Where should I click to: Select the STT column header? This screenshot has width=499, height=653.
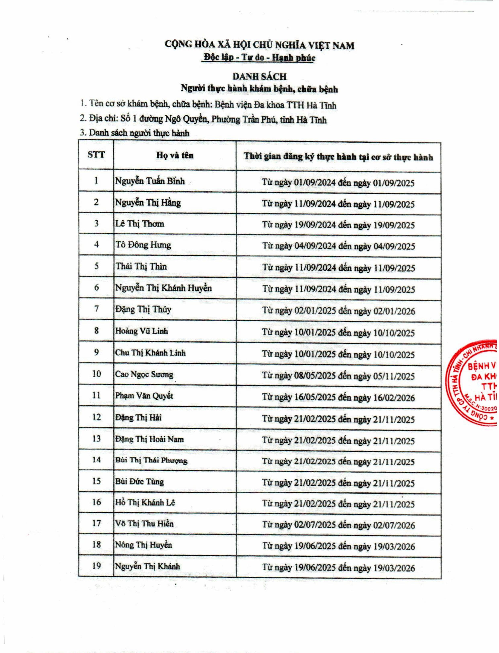pyautogui.click(x=96, y=155)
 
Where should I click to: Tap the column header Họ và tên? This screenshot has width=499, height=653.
pyautogui.click(x=175, y=155)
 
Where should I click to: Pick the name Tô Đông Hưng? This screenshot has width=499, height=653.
pyautogui.click(x=143, y=245)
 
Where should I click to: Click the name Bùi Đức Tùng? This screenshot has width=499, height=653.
pyautogui.click(x=139, y=482)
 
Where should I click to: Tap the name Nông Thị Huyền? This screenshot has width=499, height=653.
pyautogui.click(x=143, y=545)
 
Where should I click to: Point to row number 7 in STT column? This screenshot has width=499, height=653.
pyautogui.click(x=96, y=309)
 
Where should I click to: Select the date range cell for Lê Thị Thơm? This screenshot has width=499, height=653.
pyautogui.click(x=338, y=225)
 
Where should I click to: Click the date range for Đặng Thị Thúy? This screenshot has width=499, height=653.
pyautogui.click(x=338, y=311)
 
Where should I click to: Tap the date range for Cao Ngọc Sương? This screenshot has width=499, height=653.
pyautogui.click(x=338, y=376)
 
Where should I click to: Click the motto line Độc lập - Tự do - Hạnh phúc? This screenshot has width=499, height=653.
pyautogui.click(x=258, y=58)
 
